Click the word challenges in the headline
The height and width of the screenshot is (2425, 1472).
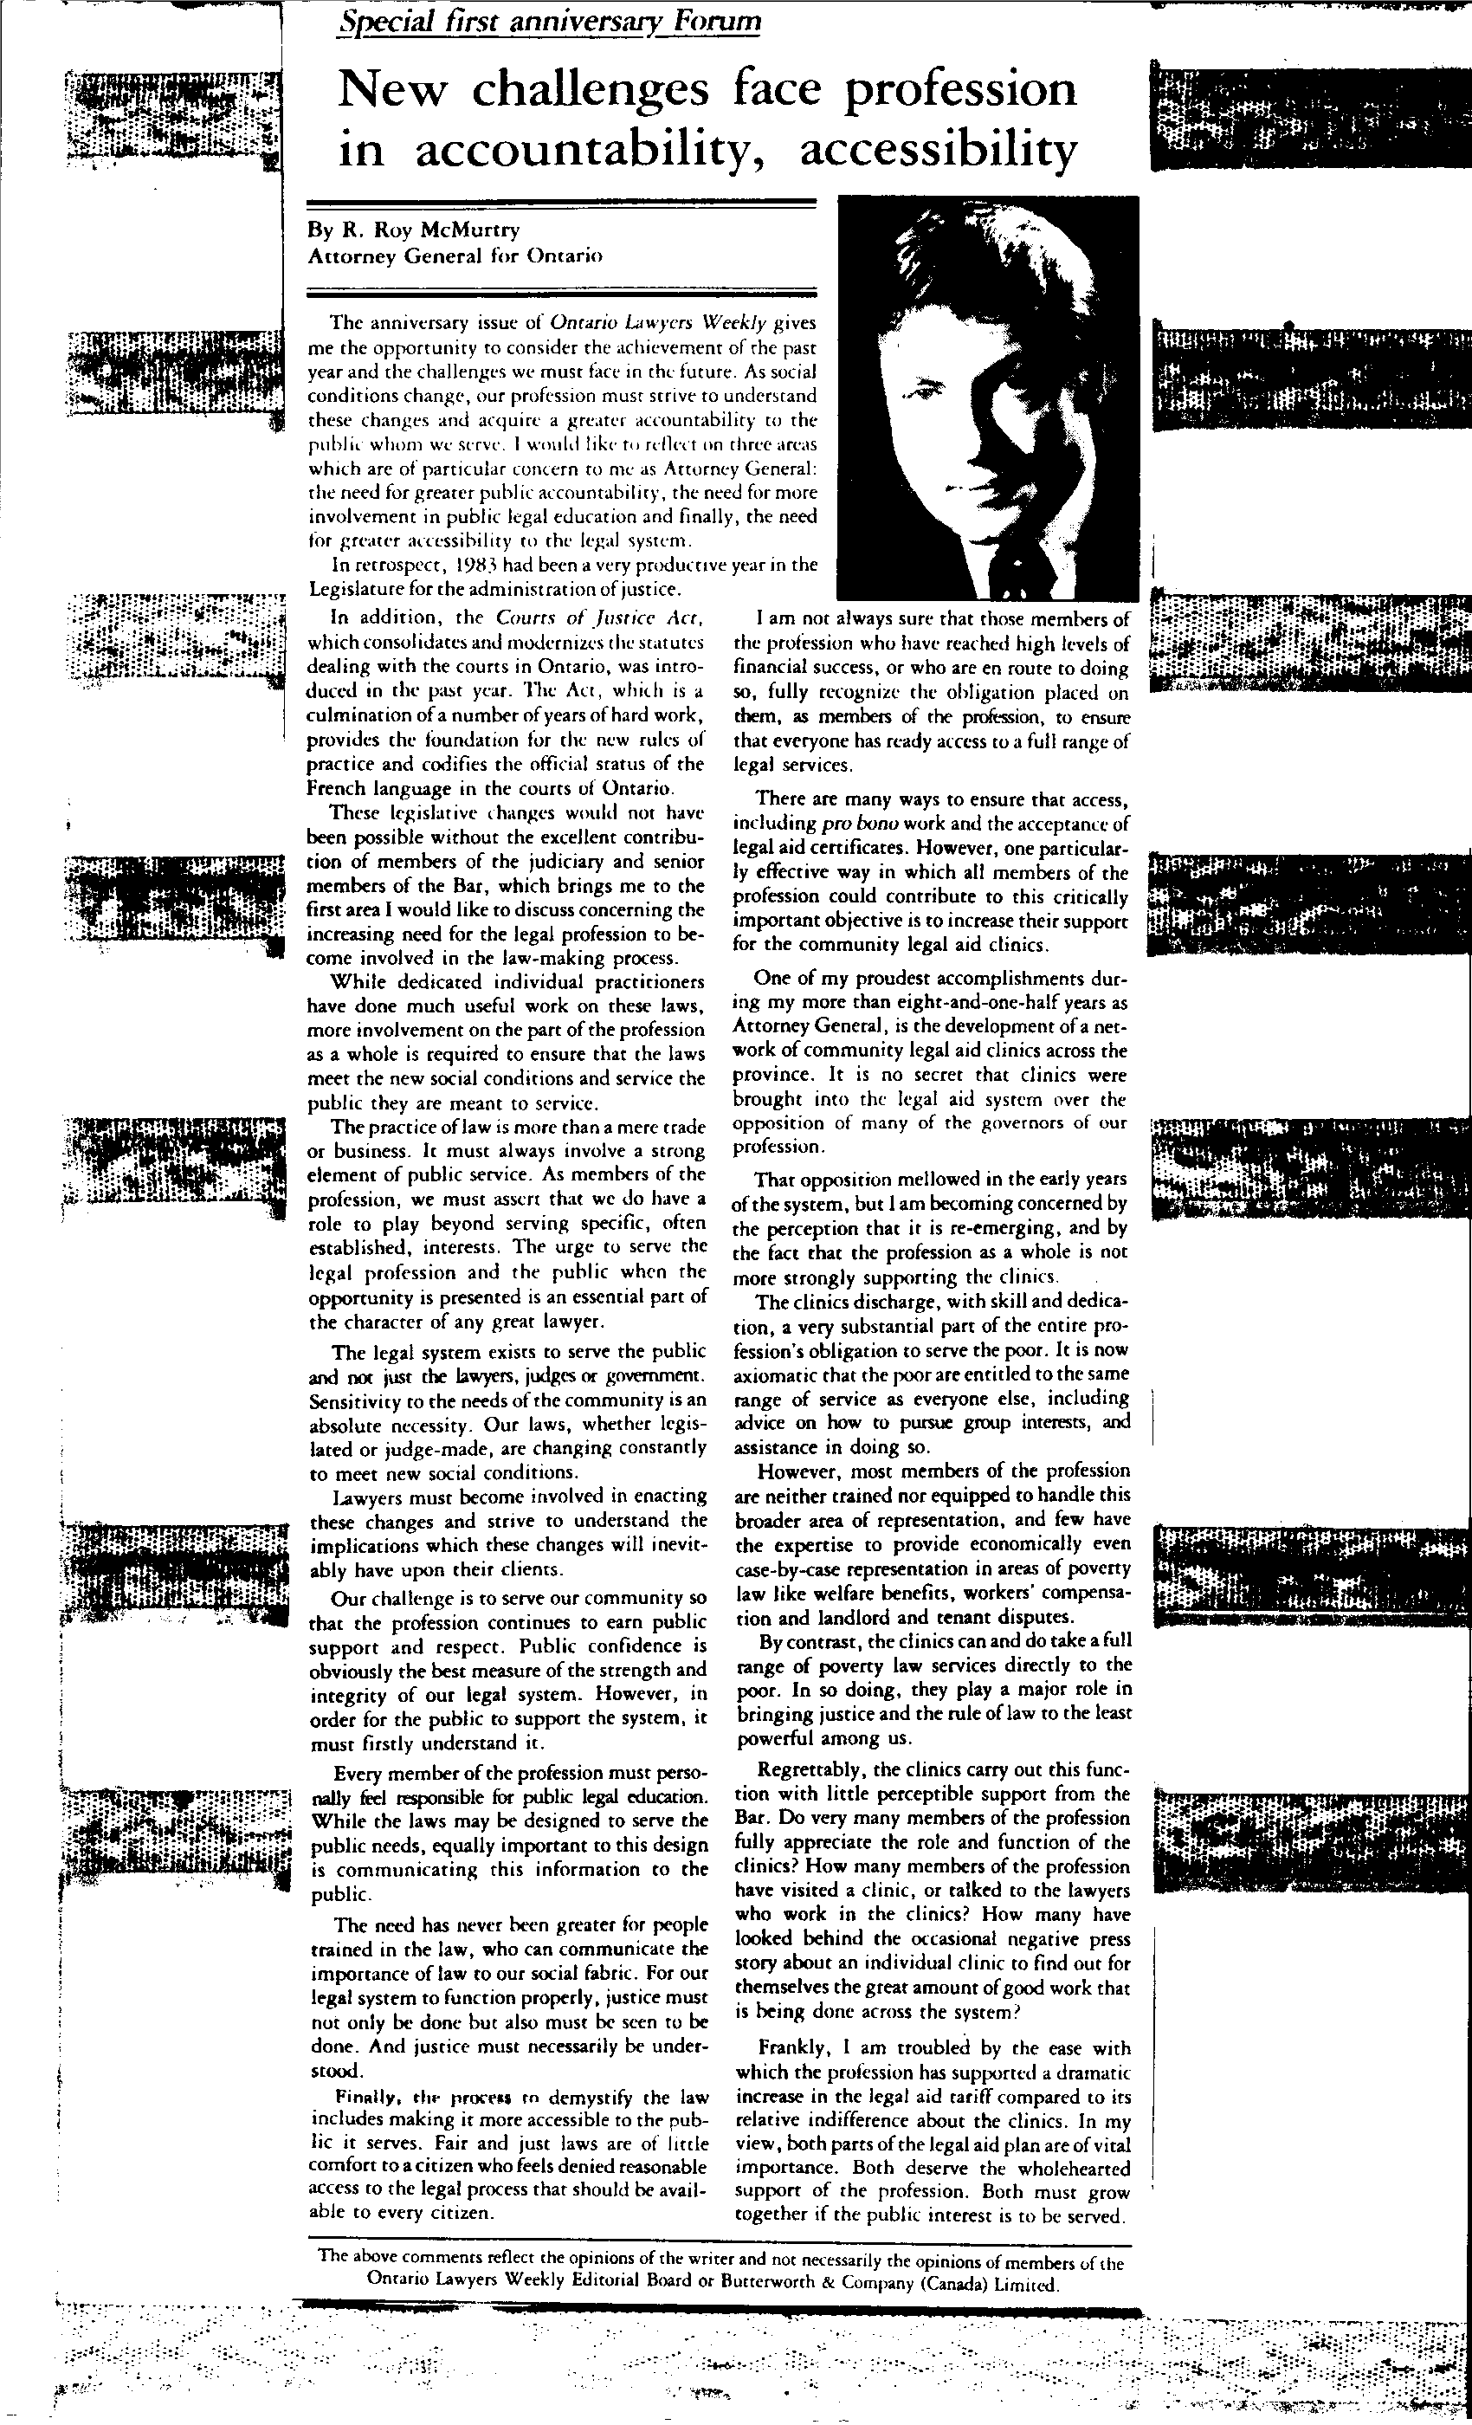tap(590, 91)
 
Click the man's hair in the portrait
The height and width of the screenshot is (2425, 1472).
tap(945, 266)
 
